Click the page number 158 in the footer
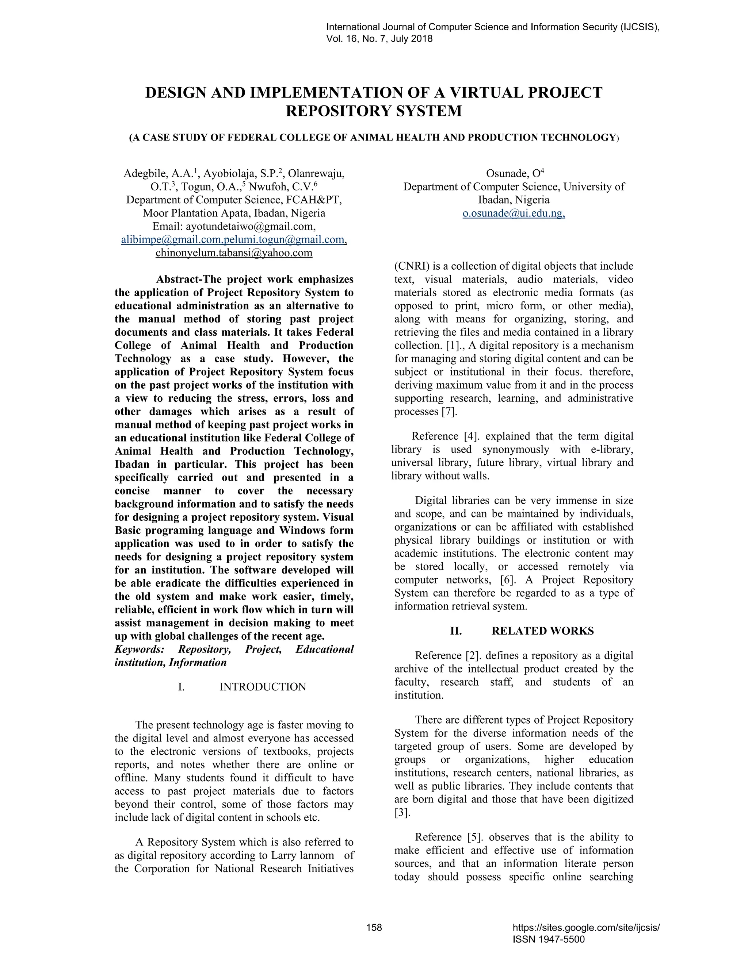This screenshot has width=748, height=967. pyautogui.click(x=374, y=928)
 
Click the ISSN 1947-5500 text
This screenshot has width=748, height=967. pyautogui.click(x=548, y=939)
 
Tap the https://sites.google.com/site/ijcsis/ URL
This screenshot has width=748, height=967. pyautogui.click(x=586, y=928)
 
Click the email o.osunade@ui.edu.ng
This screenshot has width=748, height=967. pyautogui.click(x=514, y=213)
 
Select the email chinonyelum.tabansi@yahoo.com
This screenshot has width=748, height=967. pyautogui.click(x=234, y=253)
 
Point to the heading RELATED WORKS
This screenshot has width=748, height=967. pyautogui.click(x=542, y=631)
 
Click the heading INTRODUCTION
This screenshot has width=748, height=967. pyautogui.click(x=263, y=687)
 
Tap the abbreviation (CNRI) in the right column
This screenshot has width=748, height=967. pyautogui.click(x=412, y=266)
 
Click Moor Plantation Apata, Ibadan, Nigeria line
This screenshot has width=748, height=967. pyautogui.click(x=234, y=213)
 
